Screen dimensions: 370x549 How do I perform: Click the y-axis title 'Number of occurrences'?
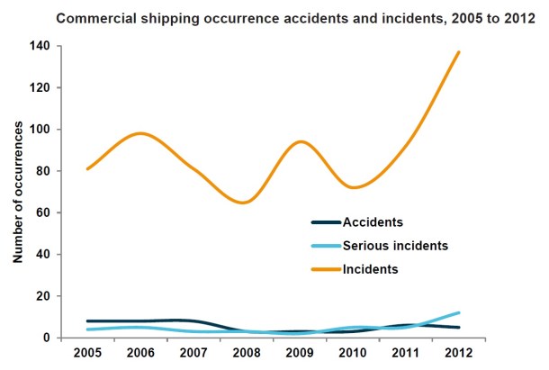point(17,189)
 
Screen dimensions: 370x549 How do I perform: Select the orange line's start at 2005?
point(86,168)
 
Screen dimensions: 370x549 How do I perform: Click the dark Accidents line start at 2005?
point(86,320)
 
